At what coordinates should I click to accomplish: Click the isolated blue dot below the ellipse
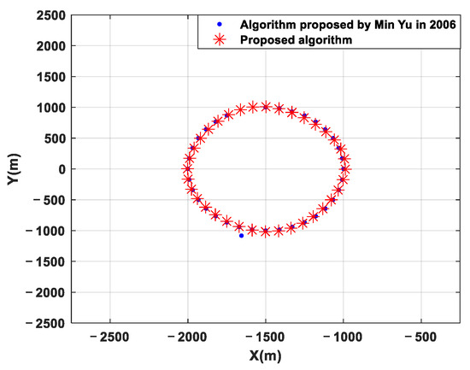click(241, 235)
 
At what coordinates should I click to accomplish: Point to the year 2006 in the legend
click(444, 24)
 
